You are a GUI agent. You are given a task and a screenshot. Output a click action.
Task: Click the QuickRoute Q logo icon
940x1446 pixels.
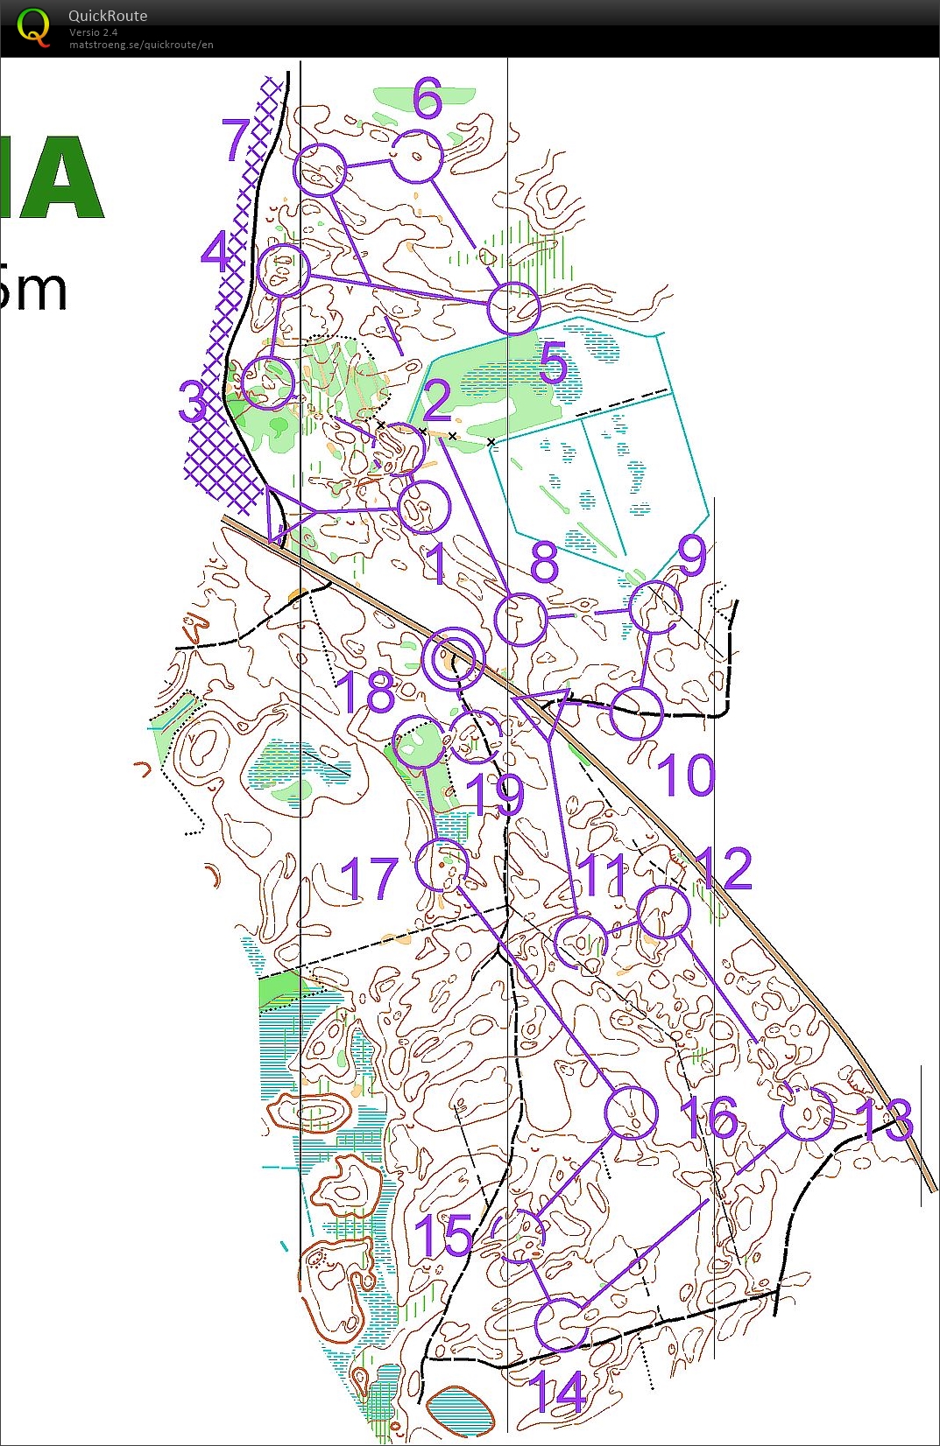[33, 26]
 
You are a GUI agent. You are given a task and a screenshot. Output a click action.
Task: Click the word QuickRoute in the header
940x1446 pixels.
[108, 16]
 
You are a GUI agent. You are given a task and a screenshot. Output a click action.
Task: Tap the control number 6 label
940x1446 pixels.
[428, 98]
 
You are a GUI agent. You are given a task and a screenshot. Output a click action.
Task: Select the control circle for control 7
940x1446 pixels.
[320, 169]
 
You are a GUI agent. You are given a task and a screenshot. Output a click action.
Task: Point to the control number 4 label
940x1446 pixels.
[216, 252]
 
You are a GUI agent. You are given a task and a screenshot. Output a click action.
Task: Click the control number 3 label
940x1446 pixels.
[194, 401]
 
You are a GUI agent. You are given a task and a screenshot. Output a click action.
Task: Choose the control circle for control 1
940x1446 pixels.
[424, 506]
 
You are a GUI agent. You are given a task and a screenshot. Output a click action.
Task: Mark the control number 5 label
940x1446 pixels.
[554, 362]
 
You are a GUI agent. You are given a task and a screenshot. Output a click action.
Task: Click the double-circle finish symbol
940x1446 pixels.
[453, 658]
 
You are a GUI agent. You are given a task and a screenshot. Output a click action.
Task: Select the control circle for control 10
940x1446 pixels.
[636, 713]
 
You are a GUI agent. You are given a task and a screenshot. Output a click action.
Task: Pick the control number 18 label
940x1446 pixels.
[365, 692]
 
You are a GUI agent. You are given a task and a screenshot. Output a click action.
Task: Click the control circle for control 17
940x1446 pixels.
[442, 865]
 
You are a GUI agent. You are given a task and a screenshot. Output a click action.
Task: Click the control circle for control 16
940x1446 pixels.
[631, 1113]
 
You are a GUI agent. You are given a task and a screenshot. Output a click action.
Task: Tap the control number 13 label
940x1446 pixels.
[884, 1120]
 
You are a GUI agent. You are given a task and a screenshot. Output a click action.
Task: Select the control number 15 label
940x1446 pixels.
[443, 1235]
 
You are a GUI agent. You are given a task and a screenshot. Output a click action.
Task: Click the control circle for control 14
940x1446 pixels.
[561, 1324]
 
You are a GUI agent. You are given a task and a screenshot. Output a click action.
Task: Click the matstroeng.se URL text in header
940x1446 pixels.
[141, 45]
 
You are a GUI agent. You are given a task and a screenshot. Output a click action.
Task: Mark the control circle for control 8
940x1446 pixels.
[521, 620]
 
